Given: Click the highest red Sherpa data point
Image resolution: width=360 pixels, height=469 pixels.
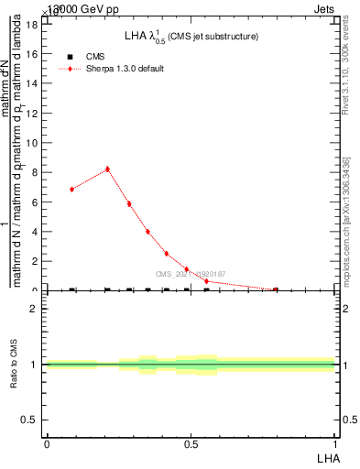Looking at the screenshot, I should pyautogui.click(x=107, y=169).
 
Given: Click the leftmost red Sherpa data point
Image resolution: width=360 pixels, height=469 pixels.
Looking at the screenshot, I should pyautogui.click(x=71, y=189).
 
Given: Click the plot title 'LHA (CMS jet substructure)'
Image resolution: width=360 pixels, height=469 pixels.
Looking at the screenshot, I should pyautogui.click(x=191, y=37).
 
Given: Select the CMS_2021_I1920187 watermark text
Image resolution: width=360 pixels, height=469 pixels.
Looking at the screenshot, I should pyautogui.click(x=190, y=274).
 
